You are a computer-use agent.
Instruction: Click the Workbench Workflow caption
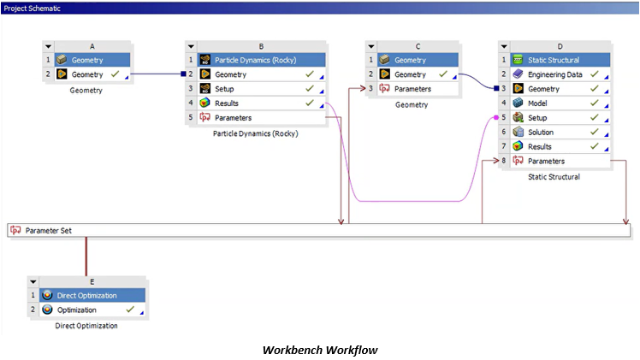click(x=319, y=350)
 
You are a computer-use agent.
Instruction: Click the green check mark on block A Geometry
click(x=115, y=75)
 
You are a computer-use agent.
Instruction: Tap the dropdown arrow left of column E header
click(x=33, y=280)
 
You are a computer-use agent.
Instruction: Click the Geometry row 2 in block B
click(x=230, y=75)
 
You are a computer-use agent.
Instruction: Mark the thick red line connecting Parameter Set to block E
click(x=86, y=255)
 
